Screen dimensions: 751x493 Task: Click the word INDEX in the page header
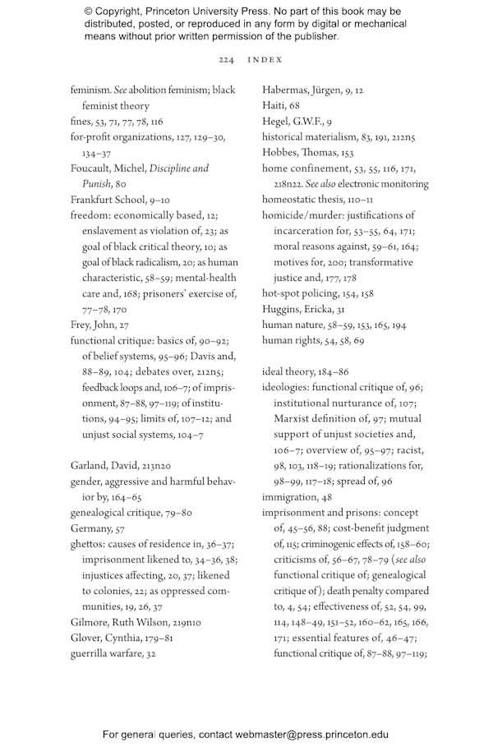pyautogui.click(x=265, y=60)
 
